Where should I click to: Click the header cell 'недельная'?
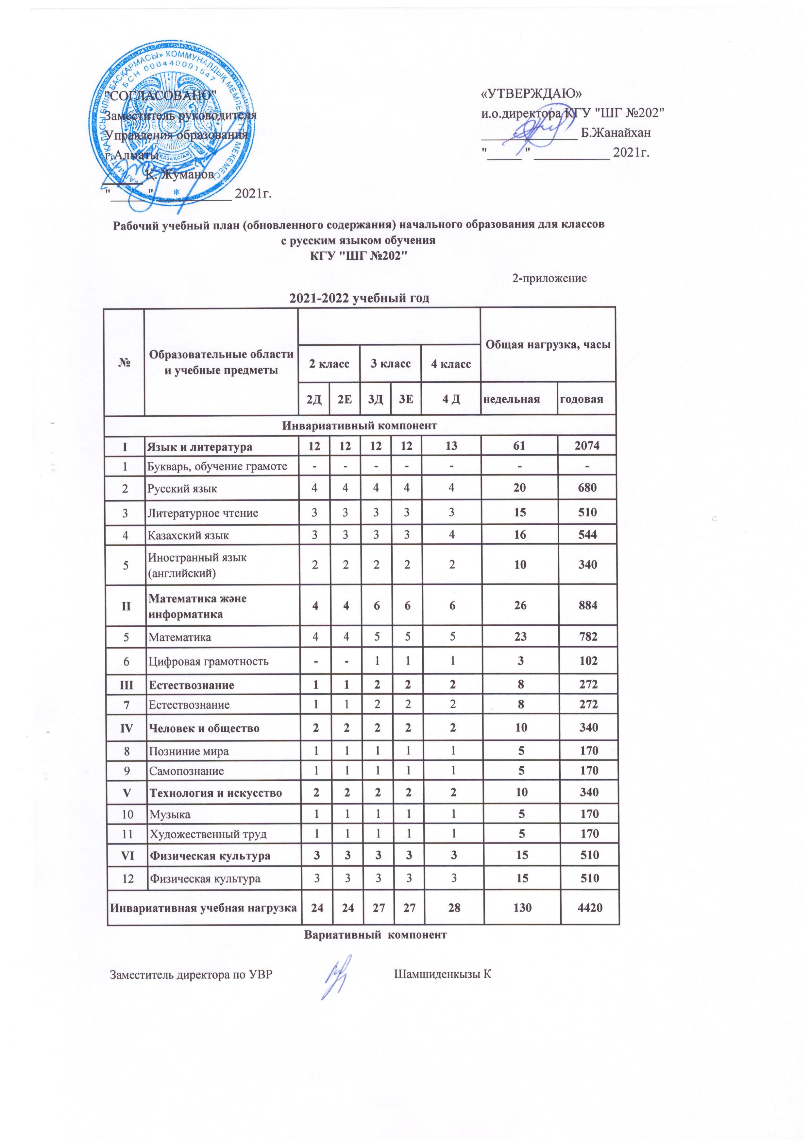pyautogui.click(x=518, y=399)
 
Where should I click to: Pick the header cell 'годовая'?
pyautogui.click(x=586, y=399)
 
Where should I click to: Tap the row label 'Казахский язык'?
pyautogui.click(x=188, y=535)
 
